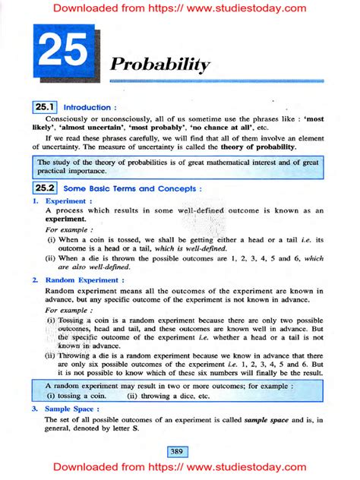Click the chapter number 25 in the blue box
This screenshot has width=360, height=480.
pos(63,54)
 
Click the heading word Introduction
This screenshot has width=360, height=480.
pos(90,108)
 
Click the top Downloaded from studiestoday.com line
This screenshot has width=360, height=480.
pos(180,9)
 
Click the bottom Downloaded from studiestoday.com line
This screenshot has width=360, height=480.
pos(180,469)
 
